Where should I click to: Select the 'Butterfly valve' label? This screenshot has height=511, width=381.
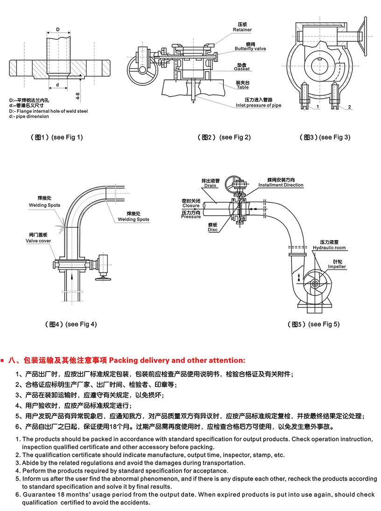pos(250,49)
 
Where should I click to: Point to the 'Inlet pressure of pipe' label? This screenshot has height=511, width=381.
pos(265,105)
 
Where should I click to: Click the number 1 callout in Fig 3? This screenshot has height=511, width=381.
pos(317,107)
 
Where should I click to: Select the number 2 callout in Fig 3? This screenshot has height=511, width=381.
pos(349,107)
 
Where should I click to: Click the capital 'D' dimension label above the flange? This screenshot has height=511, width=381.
pos(58,29)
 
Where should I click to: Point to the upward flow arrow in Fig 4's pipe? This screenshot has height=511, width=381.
pos(71,277)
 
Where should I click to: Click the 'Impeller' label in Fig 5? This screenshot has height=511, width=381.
pos(337,267)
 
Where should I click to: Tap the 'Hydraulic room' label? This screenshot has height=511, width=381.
pos(329,248)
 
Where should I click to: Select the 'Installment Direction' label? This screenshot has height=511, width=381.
pos(281,185)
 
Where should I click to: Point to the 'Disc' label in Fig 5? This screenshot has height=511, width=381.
pos(213,230)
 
